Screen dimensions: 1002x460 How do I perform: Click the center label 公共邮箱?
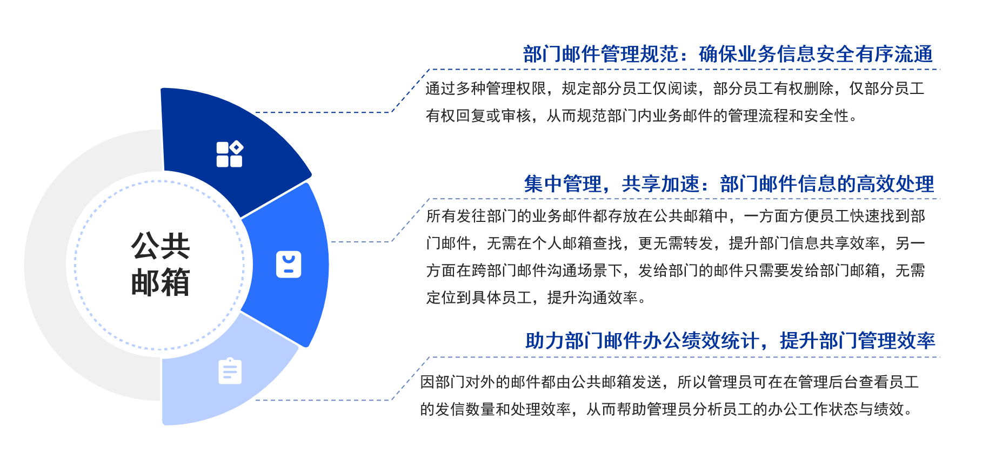tap(161, 264)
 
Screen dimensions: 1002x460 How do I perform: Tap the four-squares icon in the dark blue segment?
tap(230, 154)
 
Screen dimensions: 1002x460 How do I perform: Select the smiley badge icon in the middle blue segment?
tap(289, 265)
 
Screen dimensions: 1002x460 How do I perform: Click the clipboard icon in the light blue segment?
tap(230, 371)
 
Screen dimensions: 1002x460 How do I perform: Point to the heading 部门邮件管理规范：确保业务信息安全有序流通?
tap(728, 54)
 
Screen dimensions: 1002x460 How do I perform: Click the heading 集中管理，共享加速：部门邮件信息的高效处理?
tap(729, 184)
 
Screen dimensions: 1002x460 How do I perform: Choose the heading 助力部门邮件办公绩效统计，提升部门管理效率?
tap(730, 341)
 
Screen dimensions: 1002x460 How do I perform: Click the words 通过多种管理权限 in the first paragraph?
tap(486, 88)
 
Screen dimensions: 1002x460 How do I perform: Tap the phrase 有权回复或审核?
tap(478, 116)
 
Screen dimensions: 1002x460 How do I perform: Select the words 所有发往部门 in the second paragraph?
tap(471, 216)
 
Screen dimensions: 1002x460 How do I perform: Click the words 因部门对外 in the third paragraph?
tap(458, 382)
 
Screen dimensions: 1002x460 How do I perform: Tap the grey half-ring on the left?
tap(49, 265)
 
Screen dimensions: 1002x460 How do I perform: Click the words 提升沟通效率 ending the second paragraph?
tap(593, 297)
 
